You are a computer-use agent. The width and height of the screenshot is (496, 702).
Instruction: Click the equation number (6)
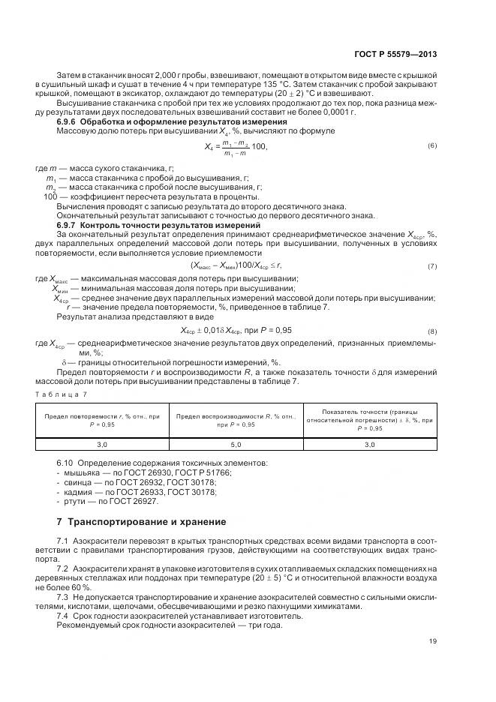(432, 145)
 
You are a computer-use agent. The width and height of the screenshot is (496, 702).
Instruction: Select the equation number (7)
(432, 267)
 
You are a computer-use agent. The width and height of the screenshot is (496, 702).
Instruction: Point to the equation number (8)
(432, 331)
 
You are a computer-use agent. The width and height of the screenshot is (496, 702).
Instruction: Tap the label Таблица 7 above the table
(62, 394)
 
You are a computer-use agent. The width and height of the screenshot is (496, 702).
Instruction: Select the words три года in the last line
(242, 625)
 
